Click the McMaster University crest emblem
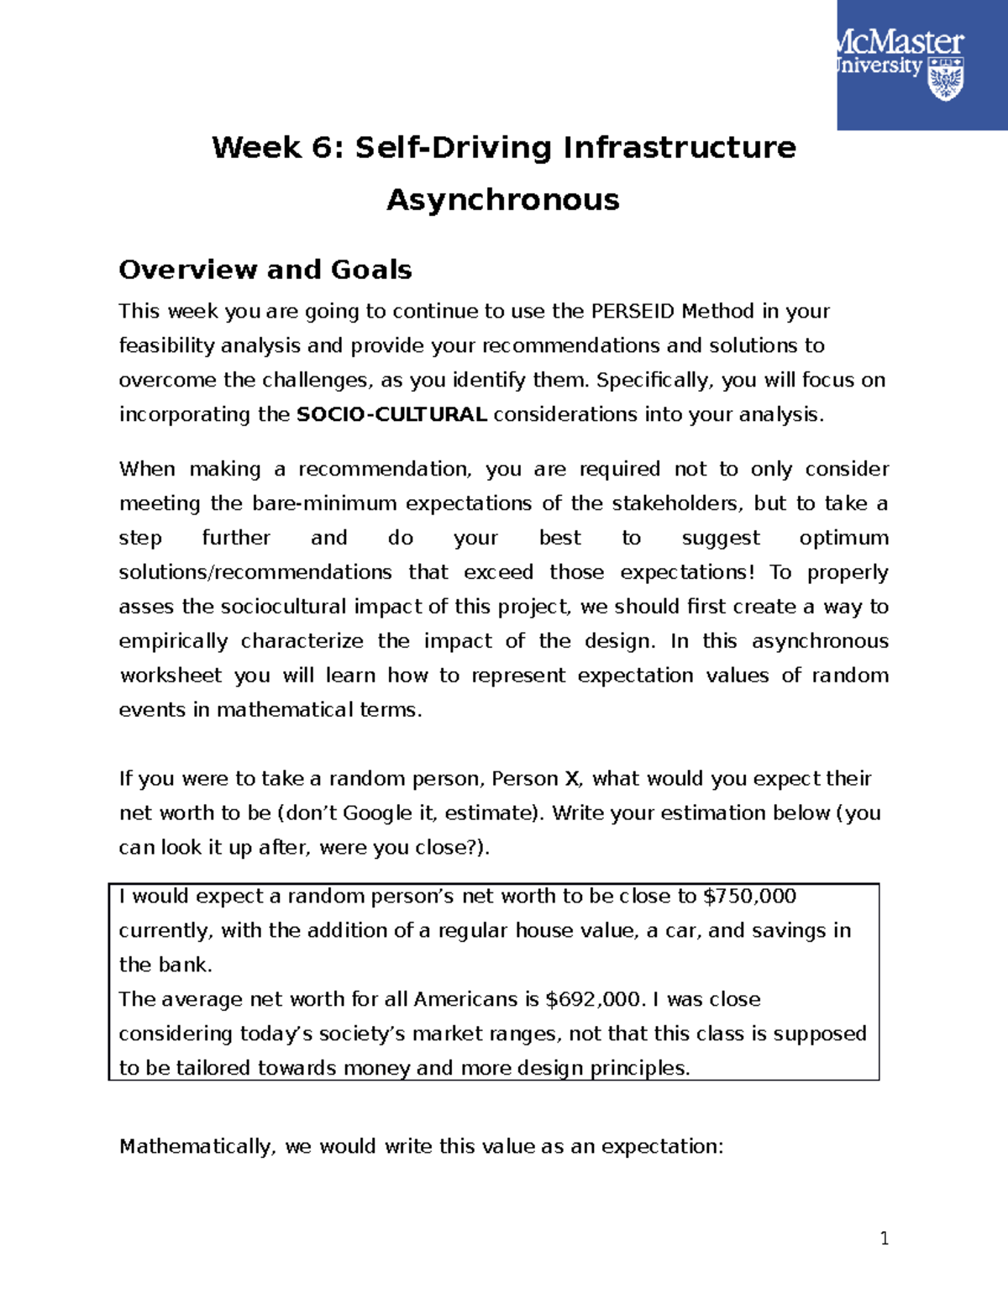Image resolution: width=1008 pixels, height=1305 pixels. tap(945, 79)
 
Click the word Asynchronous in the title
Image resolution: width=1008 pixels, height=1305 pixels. tap(502, 200)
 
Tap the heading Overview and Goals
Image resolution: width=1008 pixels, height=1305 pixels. tap(265, 270)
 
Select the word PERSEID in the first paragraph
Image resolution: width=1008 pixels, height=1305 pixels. tap(633, 312)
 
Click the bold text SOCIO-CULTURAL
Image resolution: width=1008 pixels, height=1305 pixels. tap(391, 415)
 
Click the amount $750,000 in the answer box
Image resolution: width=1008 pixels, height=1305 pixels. tap(749, 897)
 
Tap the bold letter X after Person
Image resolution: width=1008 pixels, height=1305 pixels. tap(571, 779)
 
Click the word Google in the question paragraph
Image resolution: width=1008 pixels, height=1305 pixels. tap(377, 813)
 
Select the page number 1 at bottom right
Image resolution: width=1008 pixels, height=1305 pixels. tap(884, 1238)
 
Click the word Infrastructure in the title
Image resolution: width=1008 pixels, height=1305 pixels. tap(679, 148)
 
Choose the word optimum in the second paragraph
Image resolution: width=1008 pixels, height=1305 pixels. tap(843, 539)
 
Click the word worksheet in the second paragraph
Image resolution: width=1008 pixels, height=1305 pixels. tap(171, 676)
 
